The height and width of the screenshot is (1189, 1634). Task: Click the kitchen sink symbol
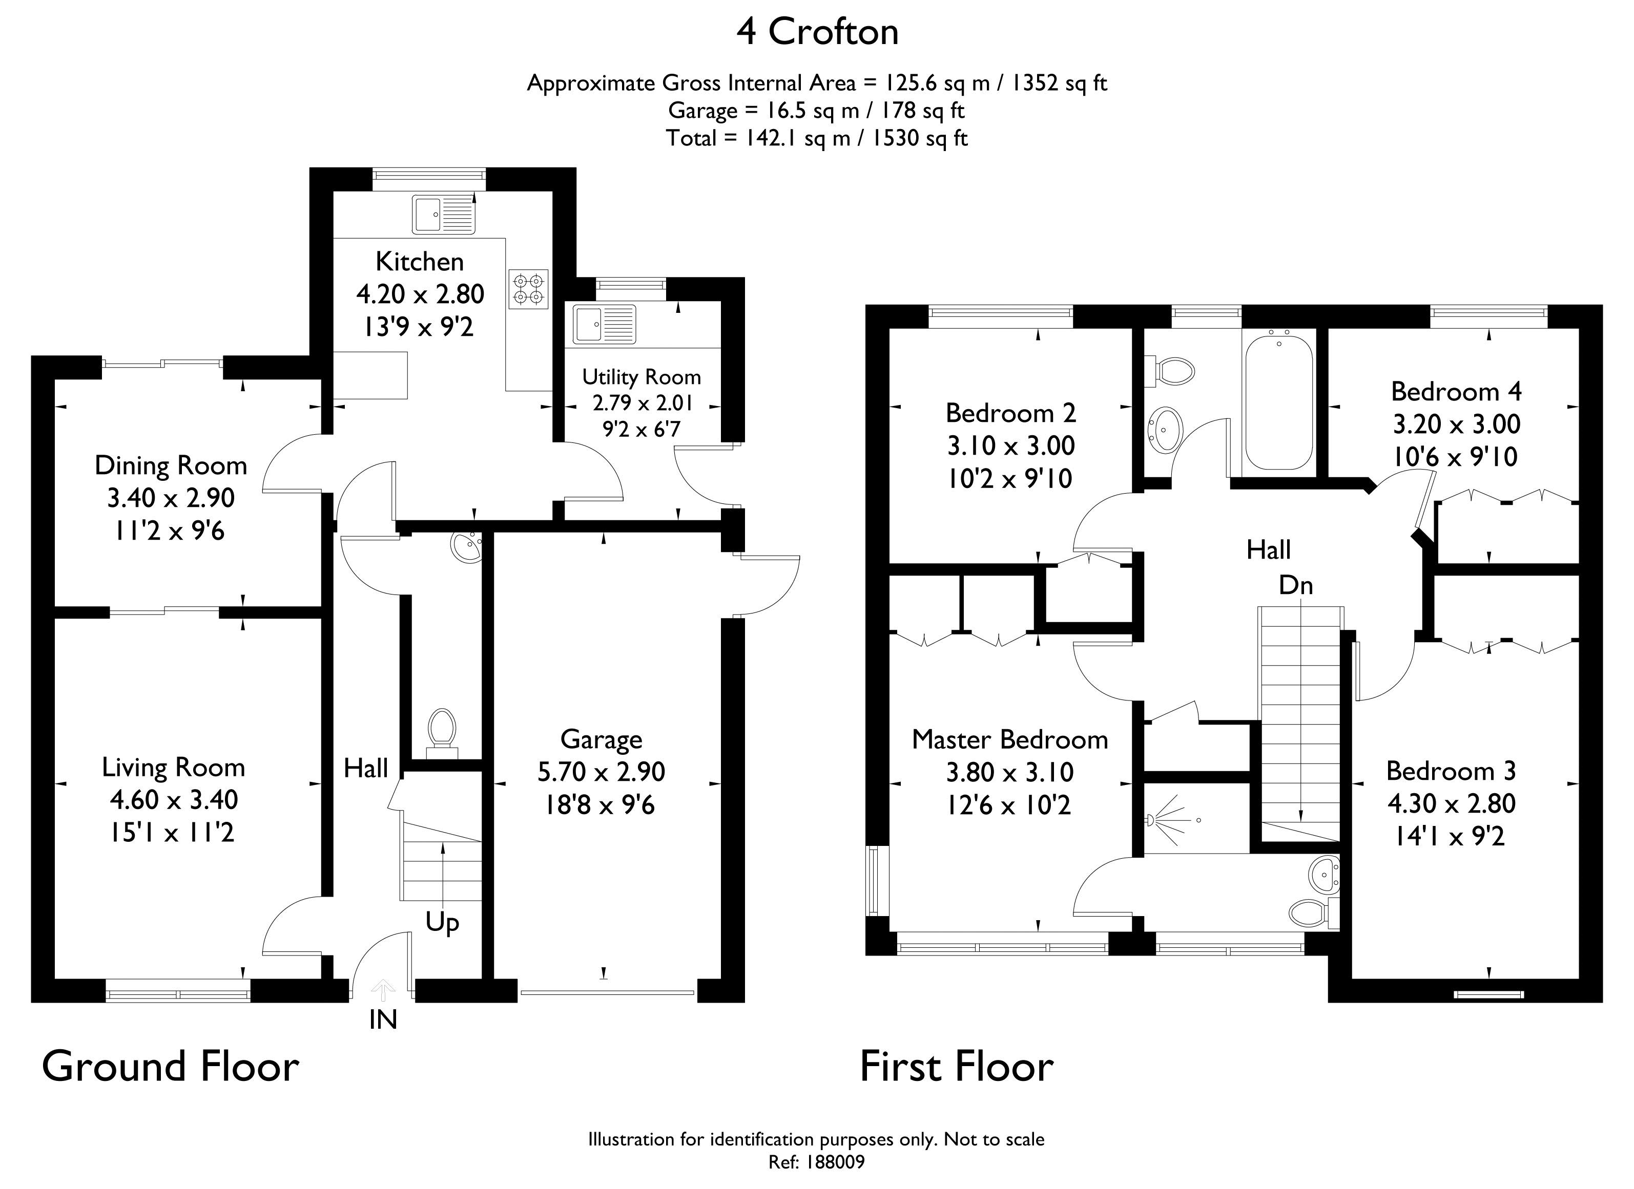(x=444, y=214)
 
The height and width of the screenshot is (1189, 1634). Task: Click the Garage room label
(x=601, y=739)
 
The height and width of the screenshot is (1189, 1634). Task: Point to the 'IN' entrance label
(x=383, y=1020)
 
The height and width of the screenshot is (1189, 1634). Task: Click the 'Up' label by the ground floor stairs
(x=442, y=923)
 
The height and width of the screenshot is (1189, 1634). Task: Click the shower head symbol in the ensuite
(x=1153, y=820)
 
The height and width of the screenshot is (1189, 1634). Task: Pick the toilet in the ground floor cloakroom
(x=442, y=733)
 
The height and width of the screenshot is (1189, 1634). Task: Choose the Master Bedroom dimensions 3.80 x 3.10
(x=1009, y=772)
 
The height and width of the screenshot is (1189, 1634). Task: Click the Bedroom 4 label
(x=1456, y=391)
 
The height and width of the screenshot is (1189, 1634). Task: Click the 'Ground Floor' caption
(x=171, y=1067)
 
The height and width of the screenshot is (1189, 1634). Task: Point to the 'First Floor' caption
(x=956, y=1067)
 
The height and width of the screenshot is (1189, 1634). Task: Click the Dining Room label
(x=171, y=466)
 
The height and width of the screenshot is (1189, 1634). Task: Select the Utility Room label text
(x=641, y=377)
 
